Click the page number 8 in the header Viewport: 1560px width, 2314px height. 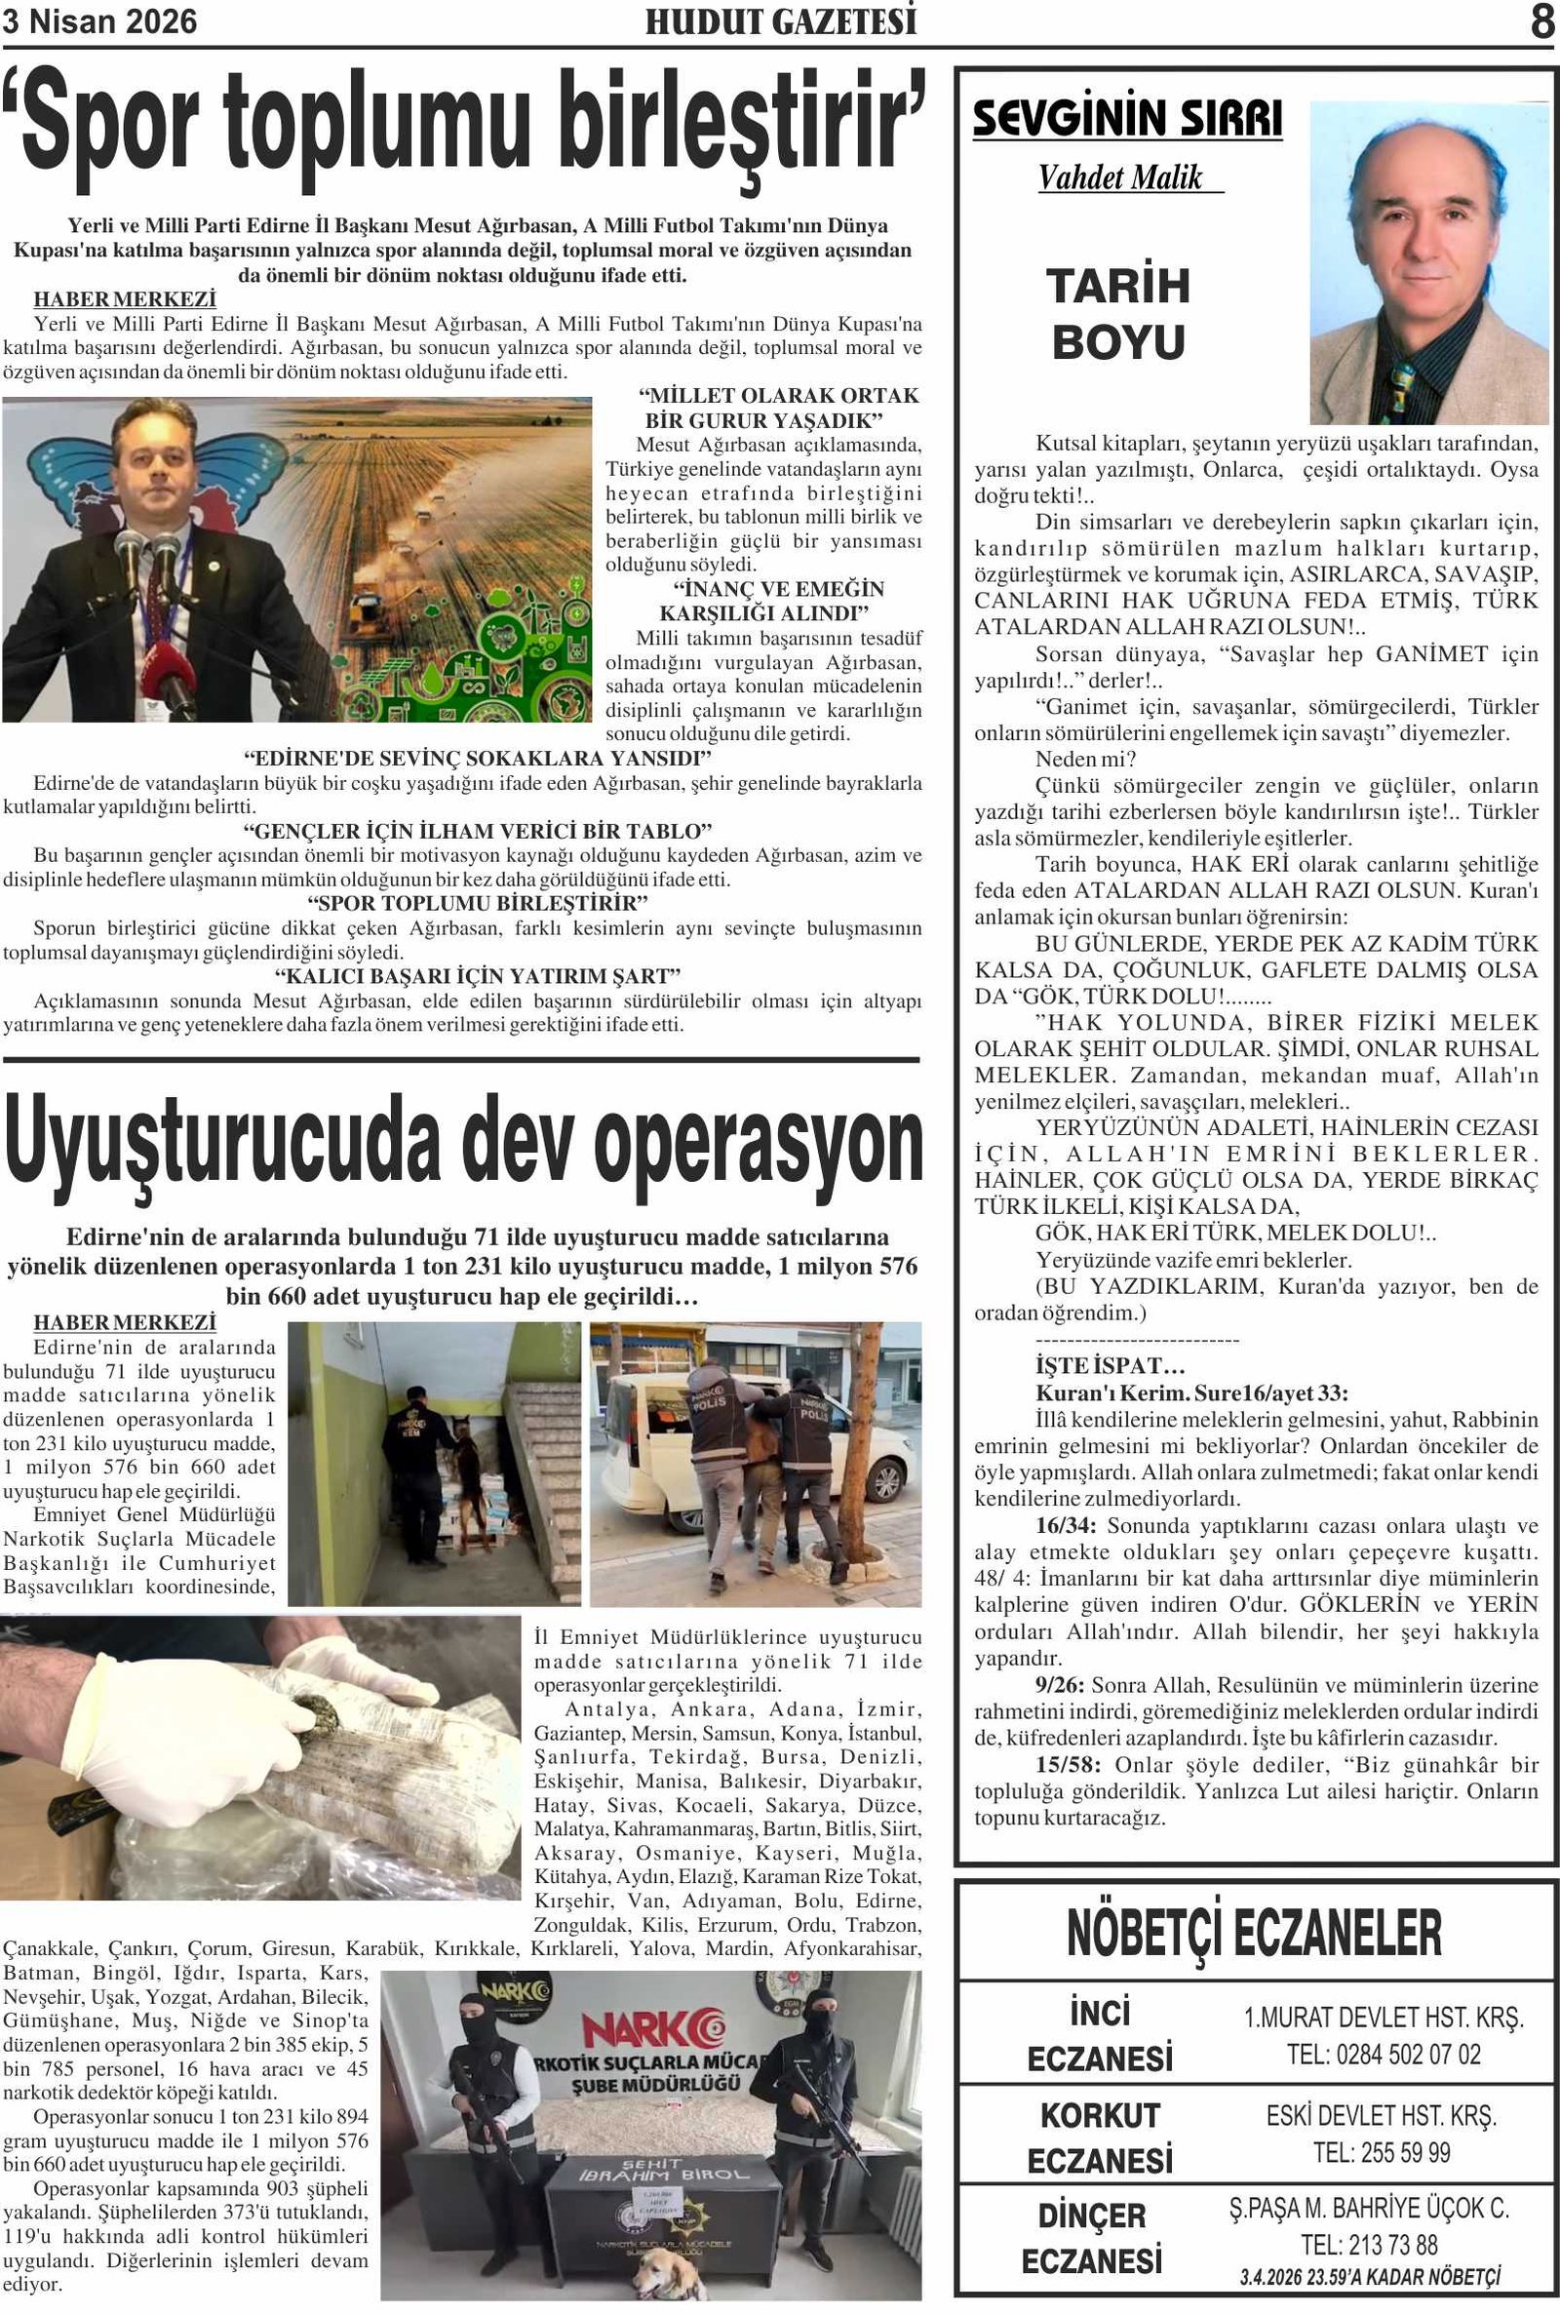pos(1541,21)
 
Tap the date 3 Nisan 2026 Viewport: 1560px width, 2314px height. pos(100,21)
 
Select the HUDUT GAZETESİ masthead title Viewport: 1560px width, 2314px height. pos(780,21)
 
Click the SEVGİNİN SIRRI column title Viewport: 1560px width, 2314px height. pos(1127,119)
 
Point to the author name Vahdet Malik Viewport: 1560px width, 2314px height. pos(1120,178)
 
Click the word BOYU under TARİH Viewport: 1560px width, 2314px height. pos(1118,343)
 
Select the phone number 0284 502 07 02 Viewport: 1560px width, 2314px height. pos(1383,2055)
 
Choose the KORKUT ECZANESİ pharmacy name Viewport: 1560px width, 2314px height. pos(1100,2138)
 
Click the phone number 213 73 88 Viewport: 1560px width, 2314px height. pos(1383,2246)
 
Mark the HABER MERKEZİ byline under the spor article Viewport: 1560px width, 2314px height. pos(125,299)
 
